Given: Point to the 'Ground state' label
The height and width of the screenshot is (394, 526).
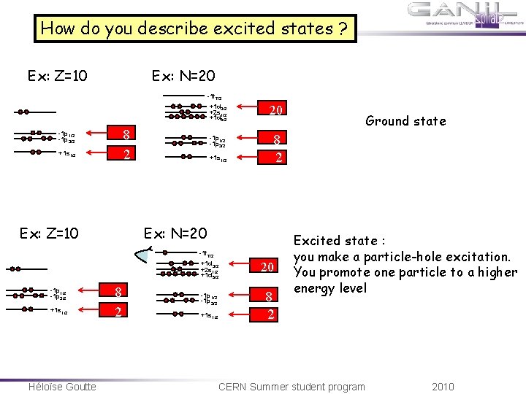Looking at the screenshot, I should [x=406, y=121].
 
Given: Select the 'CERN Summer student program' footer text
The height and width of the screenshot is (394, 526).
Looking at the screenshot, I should [x=291, y=386].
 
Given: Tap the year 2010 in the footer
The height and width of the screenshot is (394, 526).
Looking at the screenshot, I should [x=443, y=386].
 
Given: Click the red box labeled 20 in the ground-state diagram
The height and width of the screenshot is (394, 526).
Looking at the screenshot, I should [x=275, y=110].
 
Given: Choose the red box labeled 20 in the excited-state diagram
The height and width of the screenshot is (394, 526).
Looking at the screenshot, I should [x=267, y=267].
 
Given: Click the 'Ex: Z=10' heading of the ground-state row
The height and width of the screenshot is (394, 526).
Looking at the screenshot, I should [x=58, y=76].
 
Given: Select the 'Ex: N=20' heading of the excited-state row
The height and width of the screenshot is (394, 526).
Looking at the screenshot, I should [x=175, y=234].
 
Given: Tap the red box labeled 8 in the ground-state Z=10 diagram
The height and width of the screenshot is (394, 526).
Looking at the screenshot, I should [x=126, y=134].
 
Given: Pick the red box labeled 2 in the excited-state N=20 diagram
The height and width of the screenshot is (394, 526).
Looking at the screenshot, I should [x=271, y=314].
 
